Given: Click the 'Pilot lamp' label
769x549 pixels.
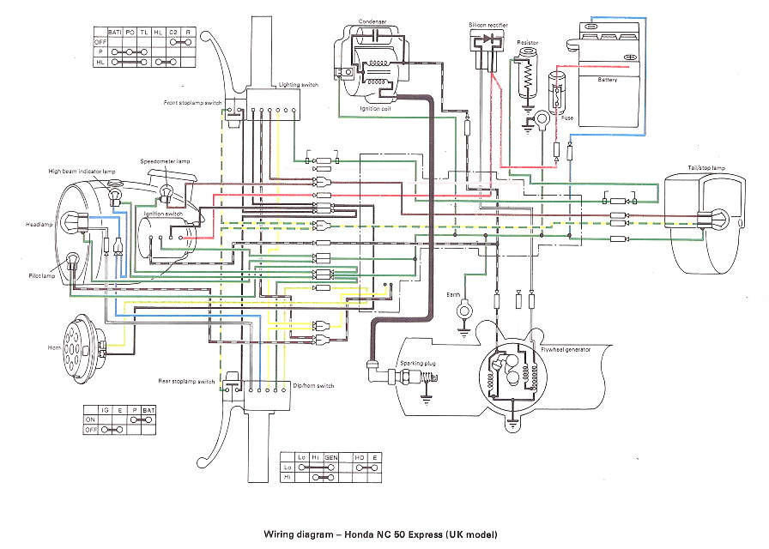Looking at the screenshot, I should click(39, 275).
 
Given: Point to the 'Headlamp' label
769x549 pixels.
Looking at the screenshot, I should click(39, 225).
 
